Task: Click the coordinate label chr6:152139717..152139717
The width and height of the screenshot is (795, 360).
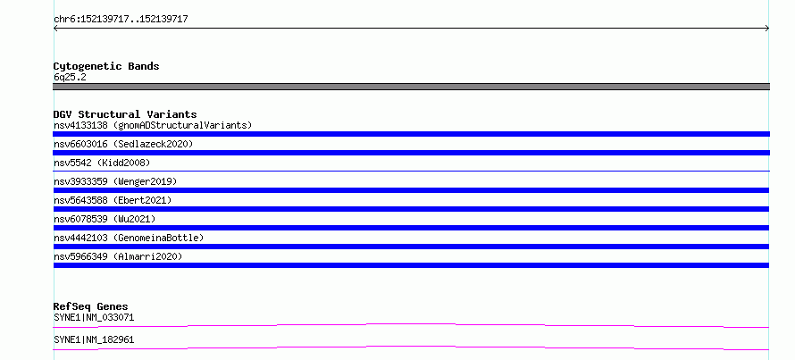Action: (121, 20)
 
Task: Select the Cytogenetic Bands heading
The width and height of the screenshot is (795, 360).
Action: (106, 66)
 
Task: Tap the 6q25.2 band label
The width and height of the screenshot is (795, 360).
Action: (70, 78)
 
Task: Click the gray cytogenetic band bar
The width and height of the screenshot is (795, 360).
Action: (411, 87)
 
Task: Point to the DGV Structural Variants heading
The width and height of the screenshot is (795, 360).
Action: (125, 114)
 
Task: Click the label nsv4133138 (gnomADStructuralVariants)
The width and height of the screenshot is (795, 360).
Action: (153, 125)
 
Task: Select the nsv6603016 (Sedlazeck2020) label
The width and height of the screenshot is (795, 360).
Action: (123, 144)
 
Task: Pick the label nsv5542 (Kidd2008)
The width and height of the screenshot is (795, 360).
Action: (102, 163)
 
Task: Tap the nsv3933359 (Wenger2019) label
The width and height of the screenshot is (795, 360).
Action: (115, 181)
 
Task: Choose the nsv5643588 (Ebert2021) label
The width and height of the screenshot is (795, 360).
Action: (113, 200)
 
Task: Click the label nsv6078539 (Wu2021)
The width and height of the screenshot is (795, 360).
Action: (105, 219)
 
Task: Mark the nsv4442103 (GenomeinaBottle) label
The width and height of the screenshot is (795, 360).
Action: (129, 238)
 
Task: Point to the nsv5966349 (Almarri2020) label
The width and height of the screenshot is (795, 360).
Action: (118, 256)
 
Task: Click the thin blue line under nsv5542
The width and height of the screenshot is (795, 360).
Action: (411, 172)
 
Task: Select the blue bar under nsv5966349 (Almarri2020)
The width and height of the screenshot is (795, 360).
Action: (411, 265)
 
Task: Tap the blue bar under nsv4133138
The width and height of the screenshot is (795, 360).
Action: (411, 134)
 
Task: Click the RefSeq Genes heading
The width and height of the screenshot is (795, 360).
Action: (91, 306)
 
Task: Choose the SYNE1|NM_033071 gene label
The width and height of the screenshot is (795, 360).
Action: (94, 318)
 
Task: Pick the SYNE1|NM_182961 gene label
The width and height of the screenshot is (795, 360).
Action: (94, 339)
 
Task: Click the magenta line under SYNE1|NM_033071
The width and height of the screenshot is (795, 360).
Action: (411, 324)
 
